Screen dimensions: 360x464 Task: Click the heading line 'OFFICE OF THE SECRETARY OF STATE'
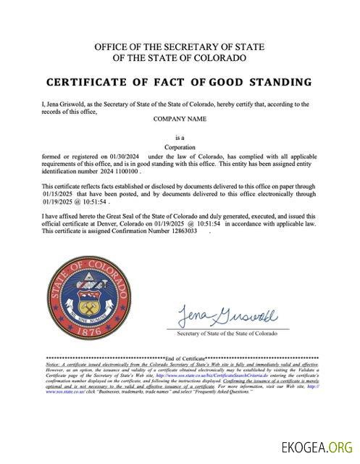[x=180, y=47]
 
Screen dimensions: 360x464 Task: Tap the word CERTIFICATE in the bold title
[x=87, y=81]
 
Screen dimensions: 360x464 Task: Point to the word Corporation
[x=180, y=146]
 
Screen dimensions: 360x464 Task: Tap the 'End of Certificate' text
[x=185, y=358]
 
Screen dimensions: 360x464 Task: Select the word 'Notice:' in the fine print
[x=54, y=366]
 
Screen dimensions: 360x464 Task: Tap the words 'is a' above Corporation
[x=180, y=136]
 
